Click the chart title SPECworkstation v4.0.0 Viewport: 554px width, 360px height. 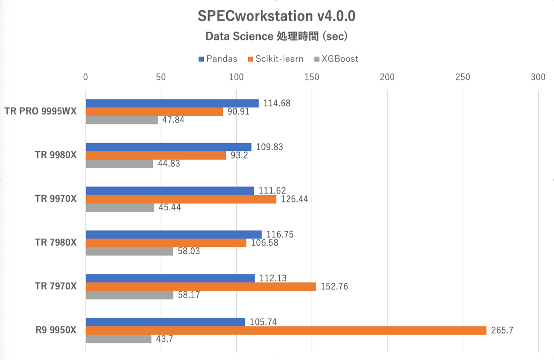tap(276, 16)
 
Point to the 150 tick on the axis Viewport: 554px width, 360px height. tap(312, 77)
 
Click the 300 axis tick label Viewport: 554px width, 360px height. tap(538, 77)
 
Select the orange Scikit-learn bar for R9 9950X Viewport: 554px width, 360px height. tap(286, 330)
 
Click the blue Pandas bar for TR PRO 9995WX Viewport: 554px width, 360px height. tap(172, 103)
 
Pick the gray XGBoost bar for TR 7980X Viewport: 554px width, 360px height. tap(129, 251)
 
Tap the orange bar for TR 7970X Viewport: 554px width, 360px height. tap(201, 287)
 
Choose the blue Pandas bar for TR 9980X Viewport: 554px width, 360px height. tap(168, 147)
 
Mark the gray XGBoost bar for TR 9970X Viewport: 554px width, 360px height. tap(120, 208)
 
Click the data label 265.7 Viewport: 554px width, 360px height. tap(502, 330)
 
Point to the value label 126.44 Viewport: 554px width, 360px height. tap(294, 199)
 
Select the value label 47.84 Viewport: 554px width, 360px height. tap(173, 120)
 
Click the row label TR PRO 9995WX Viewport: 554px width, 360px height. tap(41, 111)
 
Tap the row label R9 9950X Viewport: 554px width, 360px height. tap(56, 330)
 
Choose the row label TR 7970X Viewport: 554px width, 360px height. tap(55, 286)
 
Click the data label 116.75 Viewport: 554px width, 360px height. tap(280, 235)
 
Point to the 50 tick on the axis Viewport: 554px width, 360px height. tap(161, 77)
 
